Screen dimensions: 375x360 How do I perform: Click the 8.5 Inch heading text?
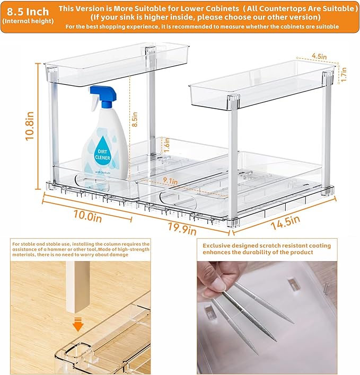tap(27, 11)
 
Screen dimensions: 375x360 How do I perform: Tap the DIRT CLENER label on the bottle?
tap(103, 154)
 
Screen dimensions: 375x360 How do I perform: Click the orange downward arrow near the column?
tap(78, 325)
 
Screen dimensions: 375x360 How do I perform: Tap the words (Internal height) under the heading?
tap(28, 21)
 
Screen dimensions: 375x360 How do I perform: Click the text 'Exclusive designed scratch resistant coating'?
tap(267, 245)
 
